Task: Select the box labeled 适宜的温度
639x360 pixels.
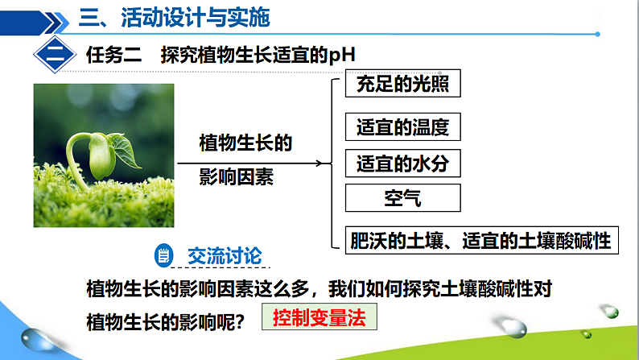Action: (402, 126)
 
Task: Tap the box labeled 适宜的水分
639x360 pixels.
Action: (402, 164)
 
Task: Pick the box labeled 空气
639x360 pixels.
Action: (402, 198)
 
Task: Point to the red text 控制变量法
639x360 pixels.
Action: (319, 318)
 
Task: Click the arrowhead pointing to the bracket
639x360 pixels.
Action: (326, 163)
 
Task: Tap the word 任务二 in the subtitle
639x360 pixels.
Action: (113, 56)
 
